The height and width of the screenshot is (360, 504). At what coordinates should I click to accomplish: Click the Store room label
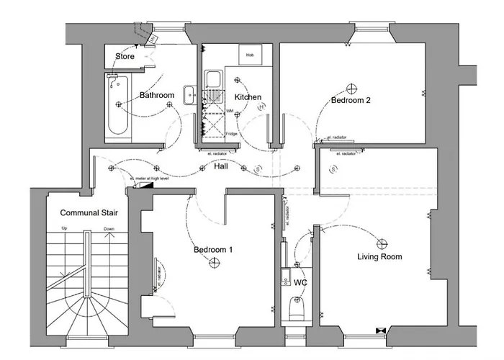coord(125,56)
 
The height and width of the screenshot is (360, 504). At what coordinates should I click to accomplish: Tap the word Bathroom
coord(157,95)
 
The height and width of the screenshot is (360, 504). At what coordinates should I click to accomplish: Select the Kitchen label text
coord(248,97)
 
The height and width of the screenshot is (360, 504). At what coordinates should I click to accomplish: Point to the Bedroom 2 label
coord(351,101)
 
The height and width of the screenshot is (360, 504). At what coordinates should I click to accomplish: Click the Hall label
coord(222,166)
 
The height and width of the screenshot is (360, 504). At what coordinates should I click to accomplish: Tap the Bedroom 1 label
coord(213,251)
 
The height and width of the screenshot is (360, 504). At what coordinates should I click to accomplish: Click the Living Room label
coord(379,256)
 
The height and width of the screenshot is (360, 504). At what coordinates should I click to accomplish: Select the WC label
coord(300,283)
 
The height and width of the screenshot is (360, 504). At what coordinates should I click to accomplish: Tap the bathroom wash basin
coord(189,92)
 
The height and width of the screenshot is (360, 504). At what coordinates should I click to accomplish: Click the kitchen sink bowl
coord(214,78)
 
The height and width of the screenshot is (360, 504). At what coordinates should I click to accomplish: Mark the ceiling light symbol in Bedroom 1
coord(213,264)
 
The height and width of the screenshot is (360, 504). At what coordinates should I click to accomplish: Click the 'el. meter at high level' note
coord(149,178)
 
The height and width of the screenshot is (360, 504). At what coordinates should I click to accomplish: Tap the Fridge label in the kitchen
coord(231,134)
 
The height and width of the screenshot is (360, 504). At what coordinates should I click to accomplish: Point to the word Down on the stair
coord(109,229)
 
